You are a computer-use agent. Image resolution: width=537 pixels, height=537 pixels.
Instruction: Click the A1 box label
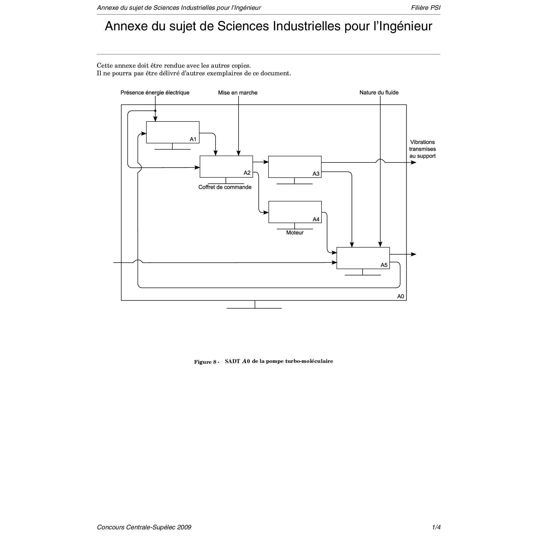click(x=193, y=139)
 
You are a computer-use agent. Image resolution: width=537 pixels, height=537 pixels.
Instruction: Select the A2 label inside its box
click(x=247, y=173)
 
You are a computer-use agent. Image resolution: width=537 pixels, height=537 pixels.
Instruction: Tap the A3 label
click(x=316, y=174)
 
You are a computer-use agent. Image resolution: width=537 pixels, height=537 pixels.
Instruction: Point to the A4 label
click(x=316, y=220)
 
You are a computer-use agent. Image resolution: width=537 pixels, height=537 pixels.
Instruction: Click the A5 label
click(x=384, y=265)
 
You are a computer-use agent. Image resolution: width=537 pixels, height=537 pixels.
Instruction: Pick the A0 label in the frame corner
click(x=400, y=296)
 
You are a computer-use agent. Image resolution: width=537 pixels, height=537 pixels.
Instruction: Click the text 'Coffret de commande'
click(x=225, y=187)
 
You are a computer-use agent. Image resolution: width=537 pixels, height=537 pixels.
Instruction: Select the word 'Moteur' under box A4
click(x=295, y=233)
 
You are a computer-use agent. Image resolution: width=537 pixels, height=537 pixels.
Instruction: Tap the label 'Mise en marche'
click(x=238, y=93)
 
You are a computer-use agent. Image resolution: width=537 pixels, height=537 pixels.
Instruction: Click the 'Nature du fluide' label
click(x=379, y=93)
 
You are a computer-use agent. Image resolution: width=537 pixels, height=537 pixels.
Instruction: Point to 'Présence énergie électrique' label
click(x=155, y=93)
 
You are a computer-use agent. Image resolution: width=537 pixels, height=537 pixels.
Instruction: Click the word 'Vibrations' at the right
click(x=422, y=142)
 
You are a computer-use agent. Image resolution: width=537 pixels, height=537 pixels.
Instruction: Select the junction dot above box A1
click(x=155, y=111)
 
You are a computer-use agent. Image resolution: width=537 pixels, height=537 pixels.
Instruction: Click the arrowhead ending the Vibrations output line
click(x=414, y=163)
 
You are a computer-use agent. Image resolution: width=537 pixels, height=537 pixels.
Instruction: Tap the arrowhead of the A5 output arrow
click(x=414, y=254)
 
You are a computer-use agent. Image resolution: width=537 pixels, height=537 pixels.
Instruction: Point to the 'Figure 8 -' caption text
click(x=206, y=362)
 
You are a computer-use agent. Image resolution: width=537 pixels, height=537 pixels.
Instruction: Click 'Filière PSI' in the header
click(x=426, y=8)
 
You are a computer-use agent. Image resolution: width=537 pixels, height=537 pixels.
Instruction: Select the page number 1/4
click(x=436, y=527)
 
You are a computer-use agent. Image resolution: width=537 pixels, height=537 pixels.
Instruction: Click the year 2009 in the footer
click(x=184, y=527)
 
